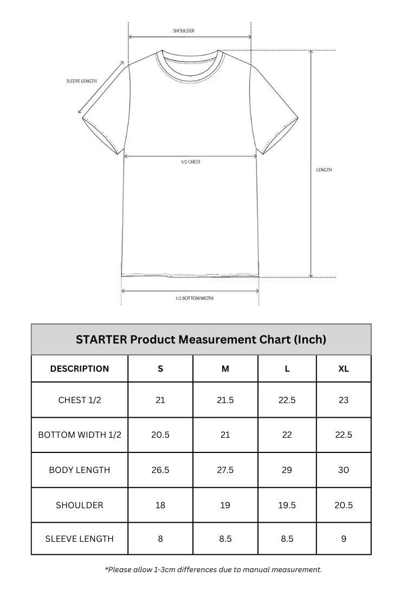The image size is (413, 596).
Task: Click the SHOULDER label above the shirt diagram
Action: point(184,31)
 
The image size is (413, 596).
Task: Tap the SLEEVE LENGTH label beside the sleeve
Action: point(81,81)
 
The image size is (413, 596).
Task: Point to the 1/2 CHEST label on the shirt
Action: point(190,162)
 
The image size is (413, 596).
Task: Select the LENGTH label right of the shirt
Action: point(324,170)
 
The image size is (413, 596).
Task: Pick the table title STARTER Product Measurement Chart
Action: point(201,340)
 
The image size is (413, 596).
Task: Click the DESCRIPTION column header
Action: point(80,369)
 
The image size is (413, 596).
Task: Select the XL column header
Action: point(344,369)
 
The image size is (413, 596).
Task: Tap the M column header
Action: point(225,369)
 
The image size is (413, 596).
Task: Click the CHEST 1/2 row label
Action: point(80,400)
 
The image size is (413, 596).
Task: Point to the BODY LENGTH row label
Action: point(80,470)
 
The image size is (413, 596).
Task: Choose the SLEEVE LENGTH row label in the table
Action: point(80,539)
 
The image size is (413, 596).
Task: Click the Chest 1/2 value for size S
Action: point(160,400)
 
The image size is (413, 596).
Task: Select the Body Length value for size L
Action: point(287,470)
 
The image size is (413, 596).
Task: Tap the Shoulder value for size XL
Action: point(344,505)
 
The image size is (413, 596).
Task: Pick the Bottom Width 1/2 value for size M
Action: point(225,435)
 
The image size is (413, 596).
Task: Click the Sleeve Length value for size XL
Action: point(344,539)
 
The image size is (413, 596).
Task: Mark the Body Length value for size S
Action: point(160,470)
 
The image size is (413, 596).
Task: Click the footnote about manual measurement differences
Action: point(213,569)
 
